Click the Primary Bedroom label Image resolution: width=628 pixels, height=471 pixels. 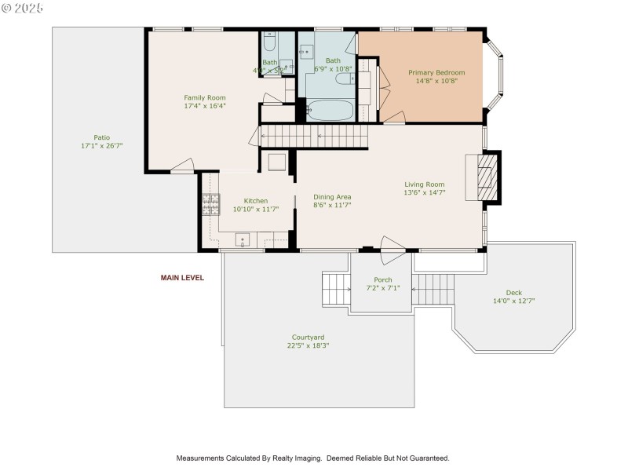pyautogui.click(x=436, y=73)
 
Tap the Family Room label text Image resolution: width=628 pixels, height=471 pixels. pyautogui.click(x=205, y=98)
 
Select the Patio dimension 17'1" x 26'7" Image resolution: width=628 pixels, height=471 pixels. pyautogui.click(x=101, y=146)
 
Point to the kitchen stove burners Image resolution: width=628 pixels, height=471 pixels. pyautogui.click(x=210, y=204)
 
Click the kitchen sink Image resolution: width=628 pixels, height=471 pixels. pyautogui.click(x=243, y=240)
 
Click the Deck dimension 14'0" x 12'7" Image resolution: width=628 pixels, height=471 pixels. pyautogui.click(x=513, y=301)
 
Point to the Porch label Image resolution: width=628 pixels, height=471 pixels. pyautogui.click(x=383, y=280)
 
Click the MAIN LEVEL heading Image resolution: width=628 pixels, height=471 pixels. pyautogui.click(x=182, y=278)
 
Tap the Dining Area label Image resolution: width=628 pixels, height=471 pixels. pyautogui.click(x=332, y=197)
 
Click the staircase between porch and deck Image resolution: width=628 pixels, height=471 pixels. pyautogui.click(x=429, y=289)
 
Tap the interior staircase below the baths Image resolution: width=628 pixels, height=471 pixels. pyautogui.click(x=314, y=137)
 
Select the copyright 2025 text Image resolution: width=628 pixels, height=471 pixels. pyautogui.click(x=24, y=8)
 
